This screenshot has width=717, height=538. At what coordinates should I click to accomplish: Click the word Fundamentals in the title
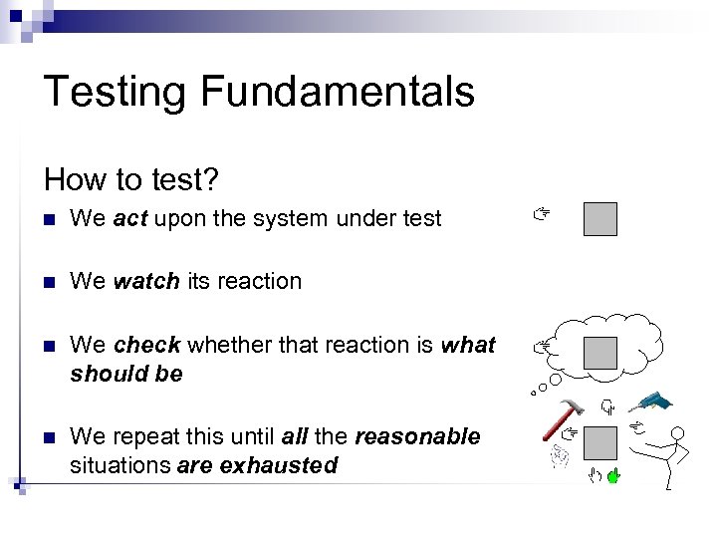pos(338,92)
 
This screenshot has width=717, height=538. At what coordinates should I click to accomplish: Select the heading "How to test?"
pos(131,179)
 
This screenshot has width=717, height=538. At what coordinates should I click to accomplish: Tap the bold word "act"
pos(130,219)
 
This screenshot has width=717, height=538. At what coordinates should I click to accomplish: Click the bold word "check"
pos(146,346)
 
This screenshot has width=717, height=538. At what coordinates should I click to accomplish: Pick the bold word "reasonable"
pos(417,437)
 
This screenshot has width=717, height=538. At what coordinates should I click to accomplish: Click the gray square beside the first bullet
pos(599,219)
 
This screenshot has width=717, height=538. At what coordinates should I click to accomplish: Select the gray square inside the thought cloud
pos(599,352)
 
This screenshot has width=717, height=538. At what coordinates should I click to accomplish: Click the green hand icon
pos(613,477)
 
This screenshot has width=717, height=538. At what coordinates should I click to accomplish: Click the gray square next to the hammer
pos(599,441)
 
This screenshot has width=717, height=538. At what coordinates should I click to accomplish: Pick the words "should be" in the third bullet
pos(126,374)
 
